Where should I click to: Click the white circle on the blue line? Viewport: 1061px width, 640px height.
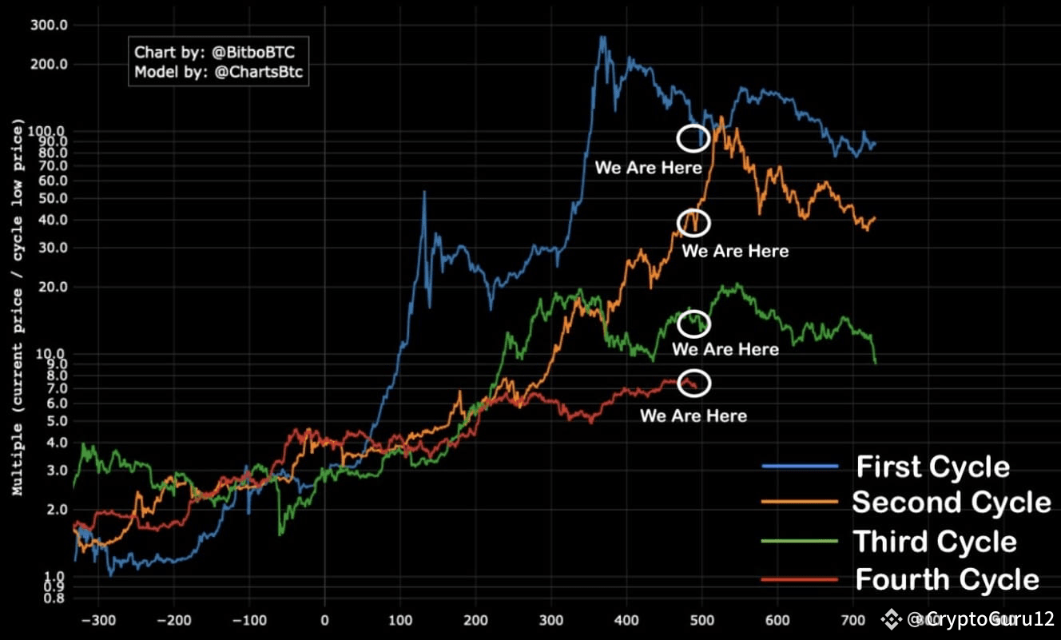pos(693,137)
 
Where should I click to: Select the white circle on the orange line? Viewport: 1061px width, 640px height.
pos(693,222)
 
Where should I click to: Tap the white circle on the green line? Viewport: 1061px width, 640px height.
pos(693,324)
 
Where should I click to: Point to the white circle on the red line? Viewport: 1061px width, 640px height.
pos(693,383)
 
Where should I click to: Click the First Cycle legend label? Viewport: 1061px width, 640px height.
pos(932,467)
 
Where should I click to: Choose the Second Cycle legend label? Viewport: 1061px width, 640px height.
pos(951,503)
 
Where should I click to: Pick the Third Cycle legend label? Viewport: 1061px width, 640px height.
pos(935,541)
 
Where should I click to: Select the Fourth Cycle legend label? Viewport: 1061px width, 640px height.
pos(947,578)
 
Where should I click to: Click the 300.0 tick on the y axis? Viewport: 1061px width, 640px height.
pos(50,25)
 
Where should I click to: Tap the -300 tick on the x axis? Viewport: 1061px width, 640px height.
pos(98,619)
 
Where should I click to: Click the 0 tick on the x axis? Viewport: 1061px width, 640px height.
pos(324,619)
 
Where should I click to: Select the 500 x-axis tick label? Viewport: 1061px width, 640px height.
pos(702,619)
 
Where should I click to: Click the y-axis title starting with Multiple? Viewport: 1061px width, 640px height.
pos(18,310)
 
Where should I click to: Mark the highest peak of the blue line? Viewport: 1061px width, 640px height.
pos(602,37)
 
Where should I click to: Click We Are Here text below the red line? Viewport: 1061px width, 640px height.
pos(693,415)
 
